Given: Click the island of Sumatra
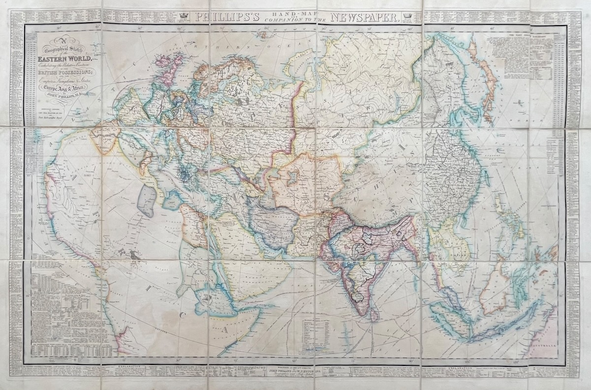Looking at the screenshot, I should coord(446,316).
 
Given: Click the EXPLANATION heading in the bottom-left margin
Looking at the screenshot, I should coord(130,367).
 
